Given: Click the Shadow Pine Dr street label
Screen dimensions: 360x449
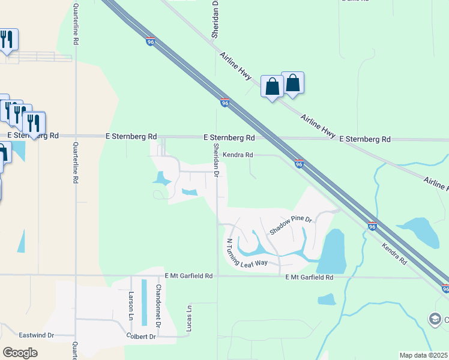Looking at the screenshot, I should coord(291,226).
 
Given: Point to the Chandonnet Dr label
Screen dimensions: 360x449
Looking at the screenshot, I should coord(158,305).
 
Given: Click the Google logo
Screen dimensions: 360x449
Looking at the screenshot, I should coord(20,353).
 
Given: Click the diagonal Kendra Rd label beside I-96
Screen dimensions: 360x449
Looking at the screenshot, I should coord(394,254).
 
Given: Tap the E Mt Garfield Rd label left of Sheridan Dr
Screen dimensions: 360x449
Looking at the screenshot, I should coord(188,276).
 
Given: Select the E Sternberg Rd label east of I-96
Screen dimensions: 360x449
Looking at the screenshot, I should coord(365,139).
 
